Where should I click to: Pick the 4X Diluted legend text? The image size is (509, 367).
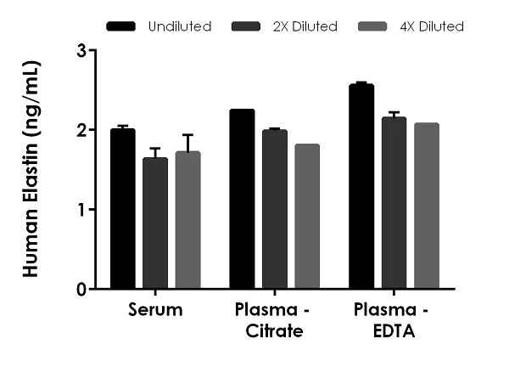click(432, 26)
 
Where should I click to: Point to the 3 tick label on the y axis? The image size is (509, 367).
click(81, 50)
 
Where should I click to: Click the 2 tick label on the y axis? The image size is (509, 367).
click(81, 130)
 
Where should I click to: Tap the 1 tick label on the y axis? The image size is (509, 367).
click(81, 210)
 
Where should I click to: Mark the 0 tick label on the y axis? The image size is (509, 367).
click(81, 289)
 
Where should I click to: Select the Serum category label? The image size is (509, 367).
click(155, 310)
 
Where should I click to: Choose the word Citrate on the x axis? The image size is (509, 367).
click(274, 330)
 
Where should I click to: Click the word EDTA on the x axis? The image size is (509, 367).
click(394, 330)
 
